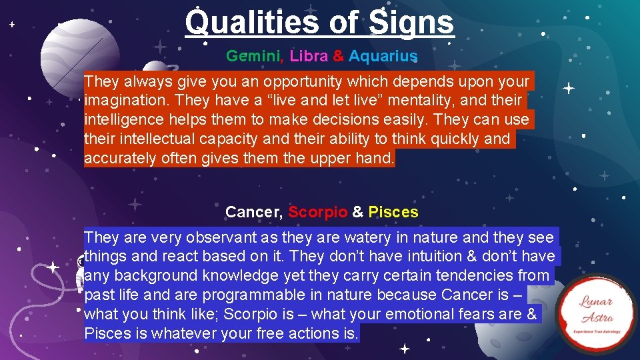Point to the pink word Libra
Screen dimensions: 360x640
coord(309,56)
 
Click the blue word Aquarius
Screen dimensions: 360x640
coord(383,56)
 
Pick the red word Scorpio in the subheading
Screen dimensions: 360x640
coord(317,212)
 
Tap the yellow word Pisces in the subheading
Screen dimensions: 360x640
coord(393,212)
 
